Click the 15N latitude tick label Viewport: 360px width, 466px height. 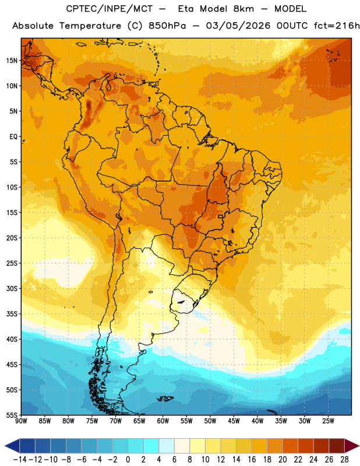click(x=12, y=61)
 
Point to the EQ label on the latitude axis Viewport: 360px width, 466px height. click(x=13, y=137)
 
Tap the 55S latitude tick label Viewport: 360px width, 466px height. click(x=12, y=415)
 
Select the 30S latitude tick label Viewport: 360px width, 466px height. click(x=12, y=288)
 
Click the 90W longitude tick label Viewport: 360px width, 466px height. click(x=21, y=421)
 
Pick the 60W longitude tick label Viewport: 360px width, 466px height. click(x=163, y=421)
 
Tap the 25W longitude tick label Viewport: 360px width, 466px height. click(x=328, y=421)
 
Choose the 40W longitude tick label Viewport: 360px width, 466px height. click(x=257, y=421)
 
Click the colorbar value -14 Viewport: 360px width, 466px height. click(x=20, y=460)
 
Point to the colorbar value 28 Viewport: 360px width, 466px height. click(x=344, y=460)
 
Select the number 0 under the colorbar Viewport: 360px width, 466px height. click(x=128, y=460)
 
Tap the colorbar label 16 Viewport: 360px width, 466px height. click(x=252, y=460)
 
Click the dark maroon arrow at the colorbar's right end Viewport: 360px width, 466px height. click(x=351, y=446)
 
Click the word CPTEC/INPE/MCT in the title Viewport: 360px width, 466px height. click(x=109, y=9)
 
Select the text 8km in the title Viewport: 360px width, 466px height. click(x=243, y=9)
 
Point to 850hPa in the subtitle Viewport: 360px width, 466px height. click(x=167, y=26)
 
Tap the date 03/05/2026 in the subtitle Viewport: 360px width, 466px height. click(x=238, y=26)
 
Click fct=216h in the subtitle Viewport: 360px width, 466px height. click(x=337, y=26)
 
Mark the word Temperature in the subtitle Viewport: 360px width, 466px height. click(x=90, y=26)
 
